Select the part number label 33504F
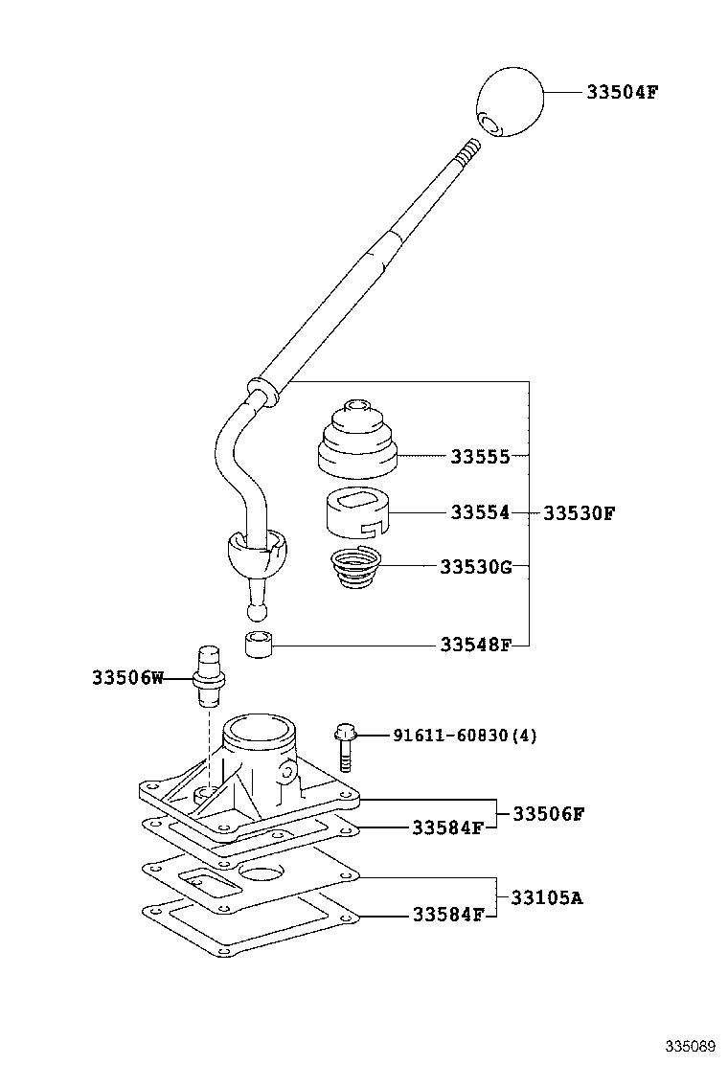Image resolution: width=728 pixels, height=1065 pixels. (x=622, y=93)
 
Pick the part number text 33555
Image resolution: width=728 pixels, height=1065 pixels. (x=480, y=457)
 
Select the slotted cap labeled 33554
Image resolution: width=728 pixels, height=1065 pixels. (x=356, y=513)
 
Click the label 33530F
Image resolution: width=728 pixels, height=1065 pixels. (x=579, y=513)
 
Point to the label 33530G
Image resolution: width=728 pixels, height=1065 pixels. (x=476, y=567)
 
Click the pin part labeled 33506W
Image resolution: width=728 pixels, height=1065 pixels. (x=209, y=675)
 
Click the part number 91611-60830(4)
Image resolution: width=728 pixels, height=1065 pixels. (x=465, y=736)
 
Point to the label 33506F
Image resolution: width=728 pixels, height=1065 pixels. (x=548, y=813)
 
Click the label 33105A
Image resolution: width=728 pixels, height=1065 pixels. (x=546, y=897)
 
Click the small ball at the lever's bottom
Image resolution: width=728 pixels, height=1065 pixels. (x=256, y=610)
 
